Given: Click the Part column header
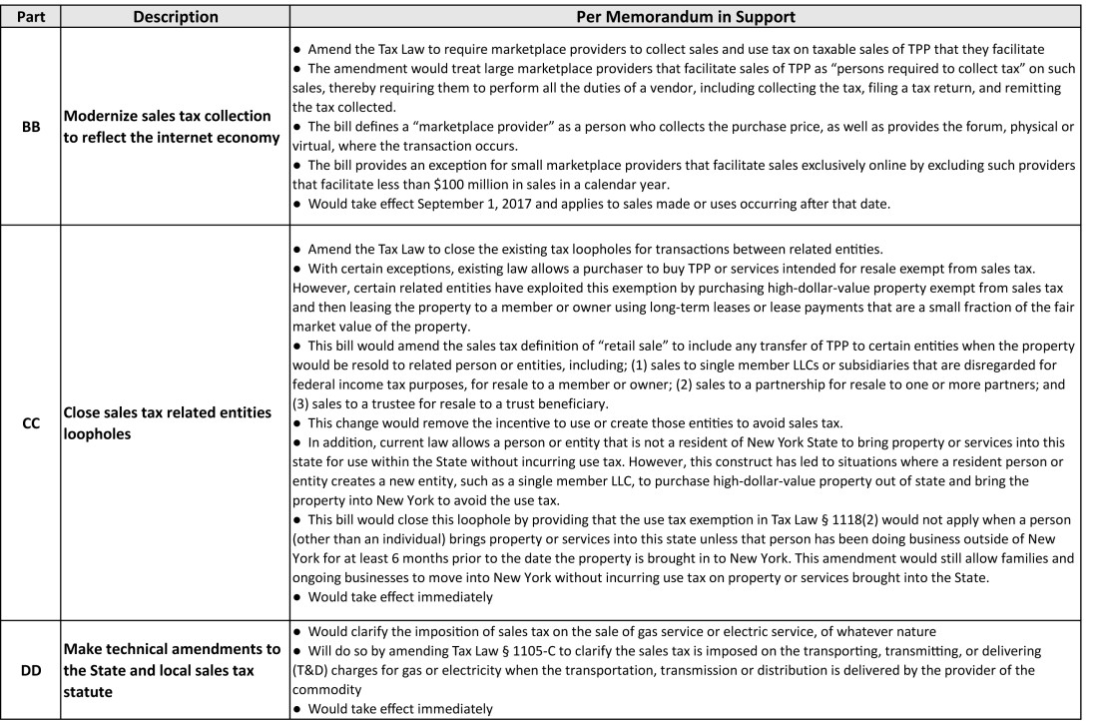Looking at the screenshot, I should click(x=31, y=17).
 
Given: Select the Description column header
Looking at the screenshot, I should click(x=176, y=17).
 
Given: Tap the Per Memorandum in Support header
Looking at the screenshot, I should click(x=685, y=17).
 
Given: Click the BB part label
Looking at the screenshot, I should click(x=31, y=127).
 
